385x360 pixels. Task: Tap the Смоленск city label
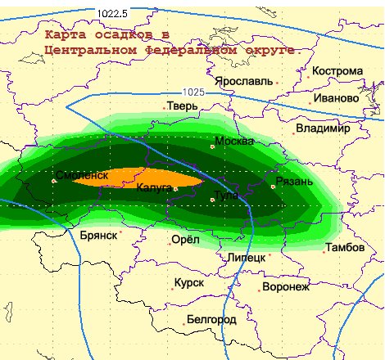click(x=82, y=175)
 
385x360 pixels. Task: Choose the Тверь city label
click(x=182, y=106)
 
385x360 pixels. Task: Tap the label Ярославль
click(x=243, y=82)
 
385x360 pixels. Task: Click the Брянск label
click(x=99, y=234)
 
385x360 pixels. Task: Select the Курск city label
click(x=188, y=282)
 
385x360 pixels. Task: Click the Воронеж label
click(x=286, y=287)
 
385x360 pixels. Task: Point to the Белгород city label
click(x=211, y=318)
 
